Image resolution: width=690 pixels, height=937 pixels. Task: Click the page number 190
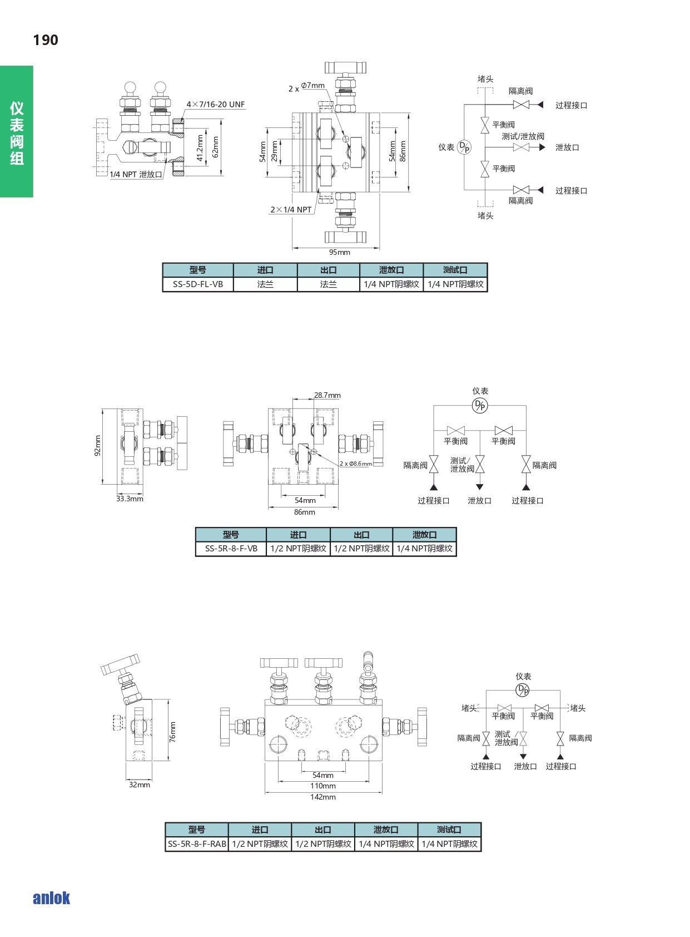pos(46,40)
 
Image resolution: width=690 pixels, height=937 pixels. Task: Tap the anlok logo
pos(51,897)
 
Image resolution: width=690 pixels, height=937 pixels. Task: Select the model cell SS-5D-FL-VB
pos(198,284)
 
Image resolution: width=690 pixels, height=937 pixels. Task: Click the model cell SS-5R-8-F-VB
pos(231,549)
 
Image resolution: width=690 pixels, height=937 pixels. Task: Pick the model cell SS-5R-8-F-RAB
pos(197,844)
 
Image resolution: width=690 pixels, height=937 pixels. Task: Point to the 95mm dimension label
pos(339,252)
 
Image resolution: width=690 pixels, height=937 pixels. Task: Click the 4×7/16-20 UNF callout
pos(216,104)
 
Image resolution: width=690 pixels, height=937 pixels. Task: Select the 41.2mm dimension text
pos(200,147)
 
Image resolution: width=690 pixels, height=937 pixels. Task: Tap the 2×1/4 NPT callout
pos(291,210)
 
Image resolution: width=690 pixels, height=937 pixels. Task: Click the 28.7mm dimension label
pos(327,395)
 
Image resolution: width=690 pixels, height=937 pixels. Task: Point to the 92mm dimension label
pos(97,446)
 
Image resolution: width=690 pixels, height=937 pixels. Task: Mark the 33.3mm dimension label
pos(130,499)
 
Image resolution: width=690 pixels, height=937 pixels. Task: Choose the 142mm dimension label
pos(322,797)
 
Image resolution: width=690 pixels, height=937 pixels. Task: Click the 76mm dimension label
pos(172,732)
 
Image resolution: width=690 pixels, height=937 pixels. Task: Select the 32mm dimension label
pos(139,785)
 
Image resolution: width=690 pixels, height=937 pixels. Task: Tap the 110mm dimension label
pos(322,786)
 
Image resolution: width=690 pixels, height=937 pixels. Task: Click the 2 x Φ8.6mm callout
pos(356,463)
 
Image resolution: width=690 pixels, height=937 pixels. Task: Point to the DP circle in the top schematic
pos(464,147)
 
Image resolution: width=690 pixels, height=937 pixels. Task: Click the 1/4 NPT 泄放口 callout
pos(136,174)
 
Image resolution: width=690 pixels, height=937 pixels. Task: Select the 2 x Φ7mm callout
pos(306,87)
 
